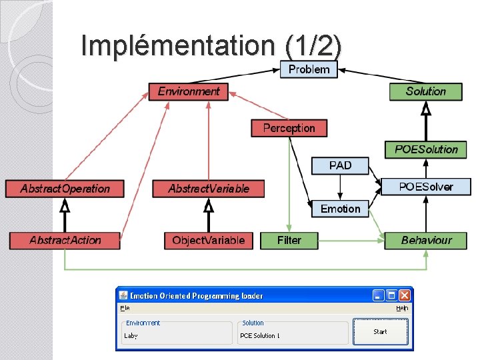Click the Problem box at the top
click(x=309, y=69)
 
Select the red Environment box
click(x=189, y=91)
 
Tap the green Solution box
click(x=425, y=91)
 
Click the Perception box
click(x=289, y=127)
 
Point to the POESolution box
click(x=426, y=149)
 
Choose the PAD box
click(x=340, y=165)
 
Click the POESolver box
click(x=425, y=187)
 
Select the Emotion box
click(x=340, y=209)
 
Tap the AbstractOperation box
click(x=65, y=189)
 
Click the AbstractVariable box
click(x=209, y=189)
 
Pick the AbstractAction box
click(x=65, y=240)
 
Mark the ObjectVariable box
click(x=209, y=240)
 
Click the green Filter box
click(x=289, y=240)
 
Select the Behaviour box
click(x=426, y=240)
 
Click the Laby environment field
click(x=176, y=335)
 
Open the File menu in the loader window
click(x=125, y=308)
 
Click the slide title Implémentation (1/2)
click(x=211, y=45)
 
